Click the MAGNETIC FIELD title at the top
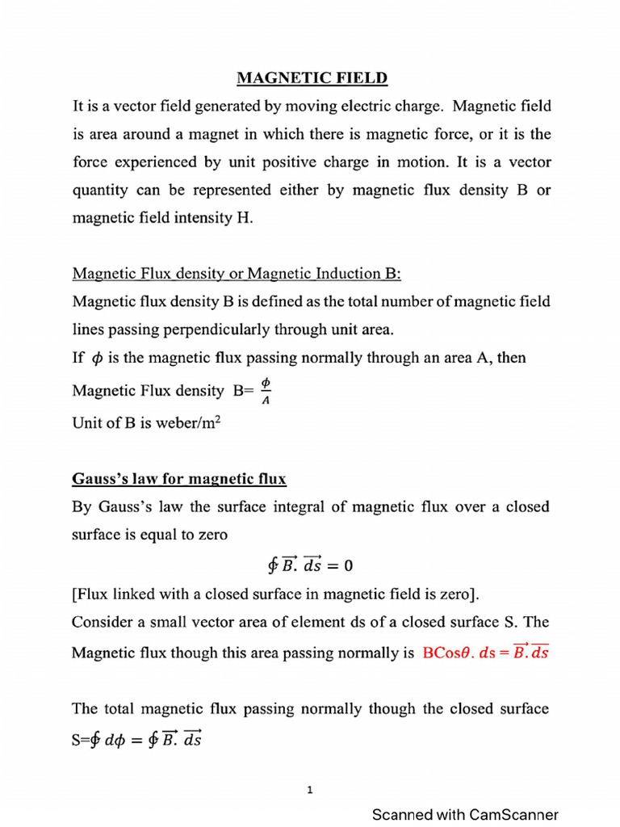pos(312,78)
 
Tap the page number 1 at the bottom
pos(310,791)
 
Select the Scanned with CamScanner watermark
pos(464,815)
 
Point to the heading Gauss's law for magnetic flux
pos(179,479)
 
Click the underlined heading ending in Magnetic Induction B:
pos(237,274)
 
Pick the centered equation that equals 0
pos(310,563)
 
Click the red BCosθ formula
pos(485,652)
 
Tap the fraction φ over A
pos(267,390)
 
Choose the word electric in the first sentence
pos(385,106)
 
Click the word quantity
pos(101,190)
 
